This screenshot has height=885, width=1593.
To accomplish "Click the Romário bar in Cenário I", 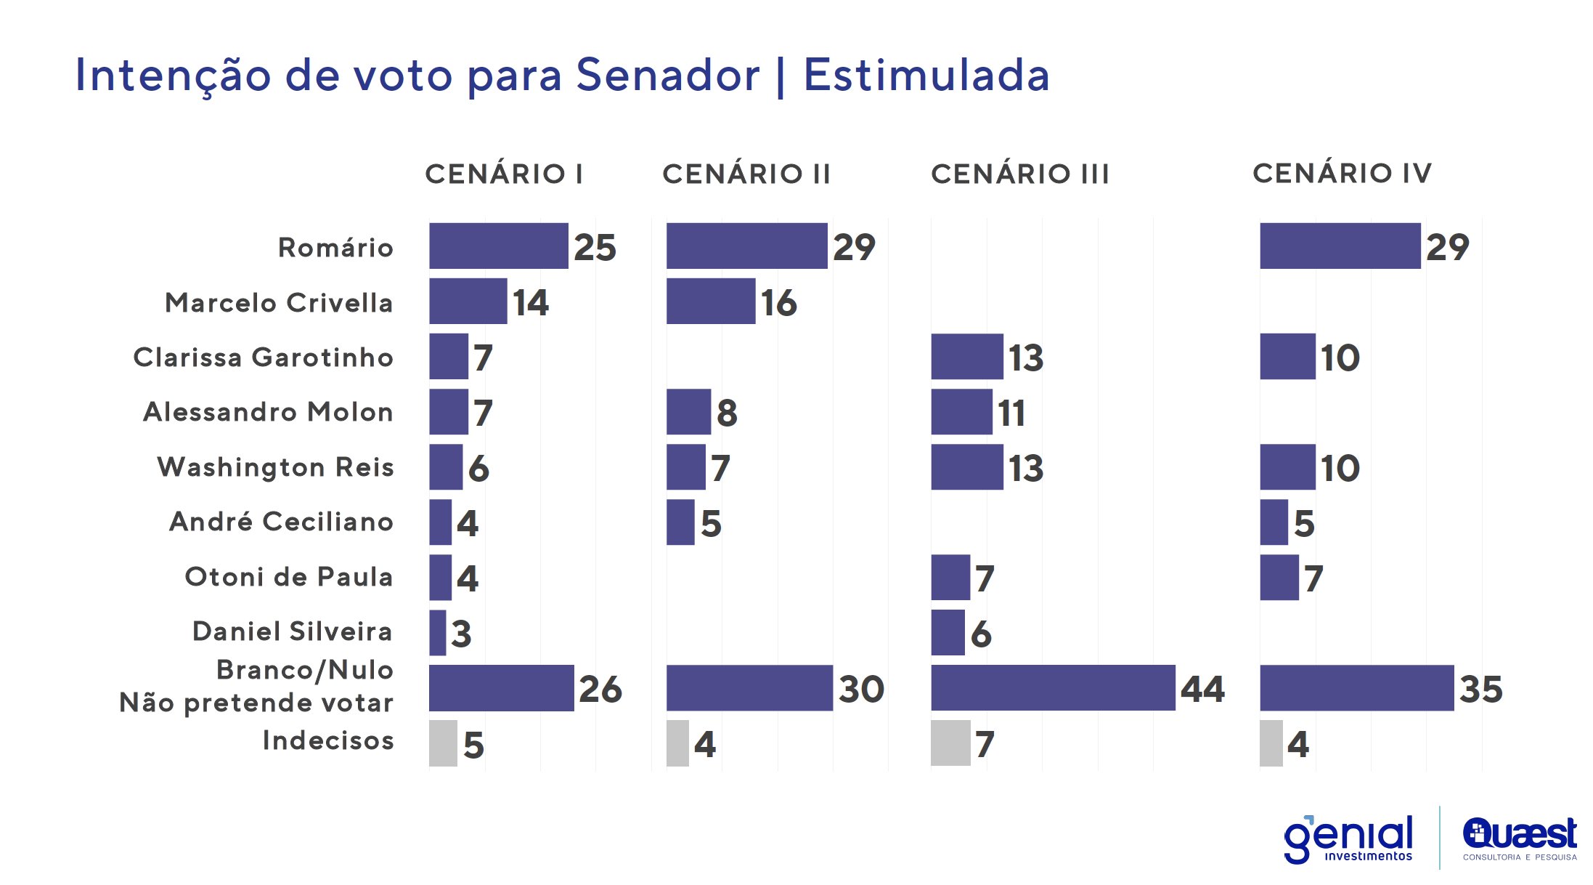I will click(x=498, y=246).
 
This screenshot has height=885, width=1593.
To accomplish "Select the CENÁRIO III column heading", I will click(x=1020, y=174).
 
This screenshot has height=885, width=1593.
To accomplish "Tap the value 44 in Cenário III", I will click(x=1202, y=689).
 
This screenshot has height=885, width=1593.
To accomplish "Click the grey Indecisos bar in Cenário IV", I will click(x=1271, y=743).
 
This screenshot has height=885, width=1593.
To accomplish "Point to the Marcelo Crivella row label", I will click(x=279, y=302).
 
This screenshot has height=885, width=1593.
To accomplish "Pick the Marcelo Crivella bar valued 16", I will click(x=710, y=302).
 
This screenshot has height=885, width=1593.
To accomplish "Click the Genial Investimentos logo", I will click(x=1349, y=838).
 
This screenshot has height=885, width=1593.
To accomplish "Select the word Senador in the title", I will click(x=667, y=75).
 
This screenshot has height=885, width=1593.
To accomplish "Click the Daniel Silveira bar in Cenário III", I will click(x=948, y=633).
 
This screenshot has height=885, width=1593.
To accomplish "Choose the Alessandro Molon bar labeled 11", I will click(x=961, y=412).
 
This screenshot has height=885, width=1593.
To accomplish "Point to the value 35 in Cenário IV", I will click(x=1480, y=689).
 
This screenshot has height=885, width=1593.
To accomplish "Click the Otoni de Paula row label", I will click(x=288, y=576).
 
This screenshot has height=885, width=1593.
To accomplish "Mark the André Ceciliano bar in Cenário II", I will click(x=680, y=522).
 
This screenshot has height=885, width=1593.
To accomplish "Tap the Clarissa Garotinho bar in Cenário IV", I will click(x=1287, y=357).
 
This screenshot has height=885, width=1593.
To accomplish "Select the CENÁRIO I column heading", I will click(x=504, y=174).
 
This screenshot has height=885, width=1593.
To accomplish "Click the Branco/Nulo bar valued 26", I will click(x=501, y=688).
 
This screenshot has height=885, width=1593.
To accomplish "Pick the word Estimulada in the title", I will click(x=926, y=75).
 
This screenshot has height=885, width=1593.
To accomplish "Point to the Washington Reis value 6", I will click(x=478, y=468).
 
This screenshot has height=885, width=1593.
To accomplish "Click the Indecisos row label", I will click(x=327, y=740).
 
